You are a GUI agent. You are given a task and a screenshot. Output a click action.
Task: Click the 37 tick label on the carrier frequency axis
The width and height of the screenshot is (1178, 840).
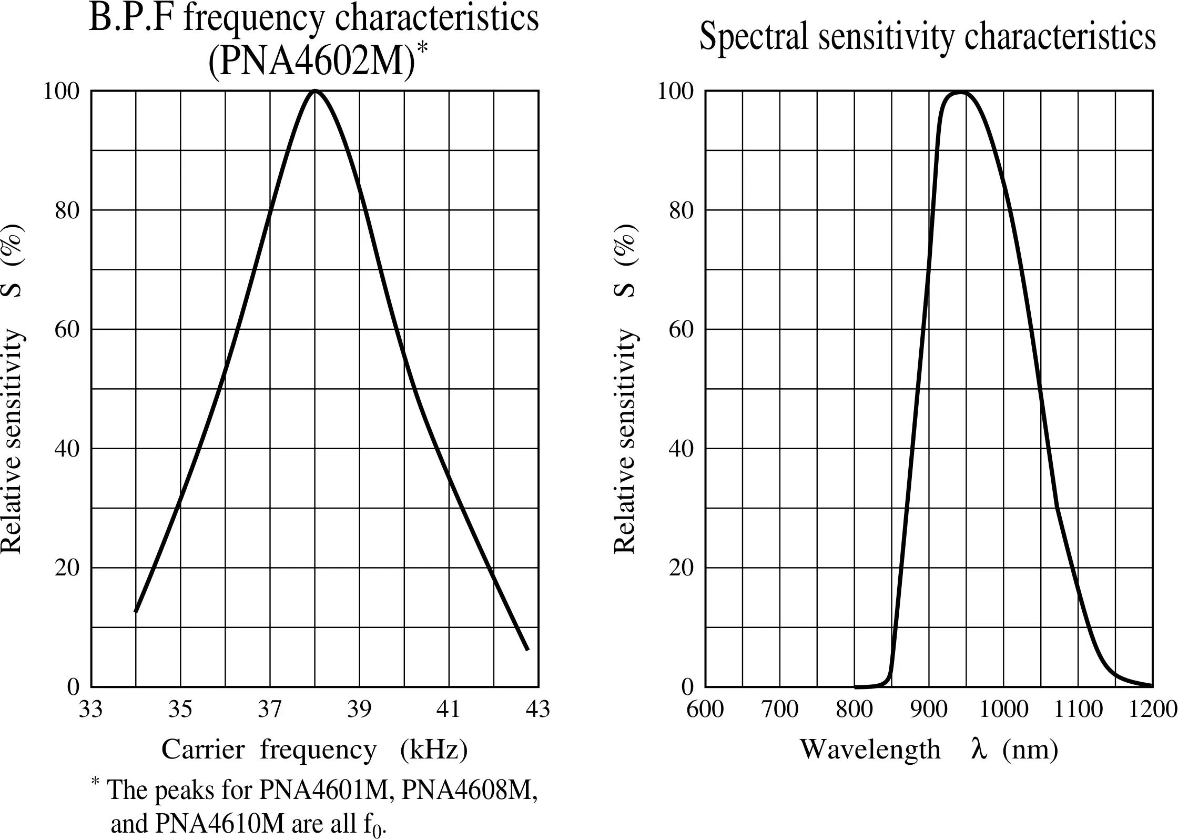pos(270,710)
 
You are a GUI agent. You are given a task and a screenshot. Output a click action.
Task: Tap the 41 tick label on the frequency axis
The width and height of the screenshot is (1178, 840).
pos(449,710)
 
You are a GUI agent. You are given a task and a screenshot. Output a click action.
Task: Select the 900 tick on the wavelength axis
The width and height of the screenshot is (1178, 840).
pos(929,710)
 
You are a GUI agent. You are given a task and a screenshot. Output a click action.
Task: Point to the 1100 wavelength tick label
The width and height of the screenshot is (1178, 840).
pos(1078,710)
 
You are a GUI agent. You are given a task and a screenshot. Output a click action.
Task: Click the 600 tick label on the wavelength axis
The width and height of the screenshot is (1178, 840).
pos(705,710)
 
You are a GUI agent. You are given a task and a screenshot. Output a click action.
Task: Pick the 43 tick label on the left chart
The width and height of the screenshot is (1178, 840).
pos(538,710)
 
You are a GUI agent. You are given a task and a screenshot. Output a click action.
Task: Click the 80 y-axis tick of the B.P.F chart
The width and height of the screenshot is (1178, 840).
pos(67,210)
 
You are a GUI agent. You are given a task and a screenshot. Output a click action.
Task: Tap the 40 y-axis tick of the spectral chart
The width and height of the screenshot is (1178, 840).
pos(682,449)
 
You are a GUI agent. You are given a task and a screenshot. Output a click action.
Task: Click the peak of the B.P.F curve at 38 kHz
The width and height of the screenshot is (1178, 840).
pos(315,92)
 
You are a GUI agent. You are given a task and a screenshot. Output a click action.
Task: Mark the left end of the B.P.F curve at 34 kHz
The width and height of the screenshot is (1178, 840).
pos(136,611)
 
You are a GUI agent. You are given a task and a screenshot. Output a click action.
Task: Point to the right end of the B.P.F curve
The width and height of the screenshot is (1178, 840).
pos(527,649)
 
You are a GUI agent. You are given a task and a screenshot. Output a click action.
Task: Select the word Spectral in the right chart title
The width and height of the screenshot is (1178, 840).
pos(754,37)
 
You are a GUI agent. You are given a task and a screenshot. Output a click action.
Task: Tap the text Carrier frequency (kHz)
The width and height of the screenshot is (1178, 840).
pos(314,750)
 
